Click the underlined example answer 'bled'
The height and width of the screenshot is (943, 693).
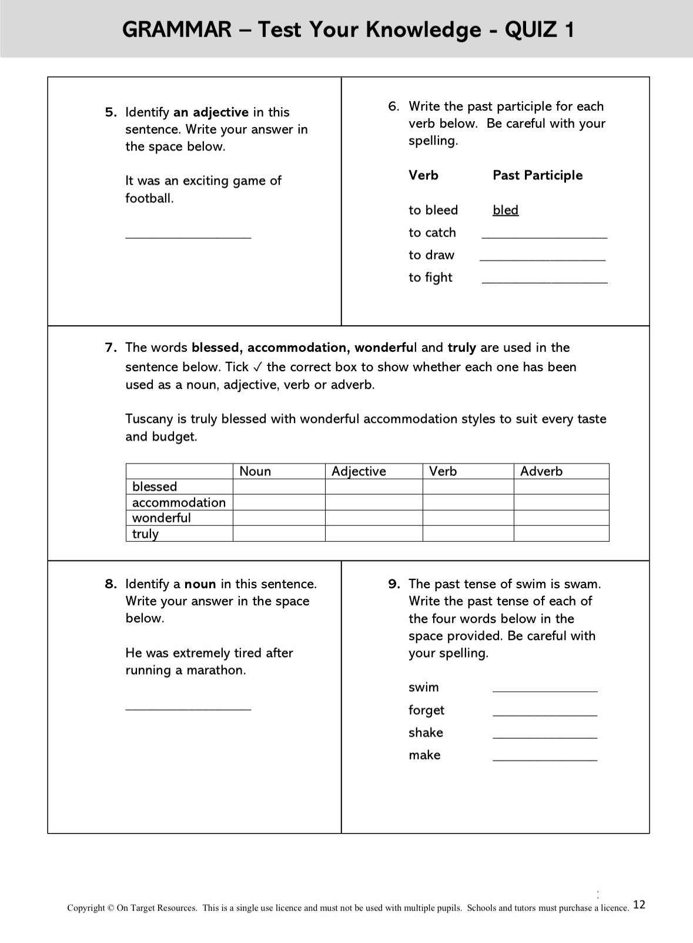click(505, 210)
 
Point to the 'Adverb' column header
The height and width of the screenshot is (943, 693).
click(541, 471)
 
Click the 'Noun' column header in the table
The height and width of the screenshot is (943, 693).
click(255, 471)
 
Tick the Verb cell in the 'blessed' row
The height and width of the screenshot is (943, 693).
click(468, 487)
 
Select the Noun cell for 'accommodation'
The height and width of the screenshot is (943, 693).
click(279, 502)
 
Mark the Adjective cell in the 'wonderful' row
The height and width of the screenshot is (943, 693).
click(373, 518)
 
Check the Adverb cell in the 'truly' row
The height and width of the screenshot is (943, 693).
click(561, 534)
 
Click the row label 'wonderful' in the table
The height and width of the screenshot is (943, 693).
click(162, 518)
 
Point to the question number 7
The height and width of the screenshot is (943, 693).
click(111, 348)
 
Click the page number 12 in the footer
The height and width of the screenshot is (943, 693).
click(639, 905)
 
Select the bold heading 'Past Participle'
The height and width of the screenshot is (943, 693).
click(537, 175)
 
